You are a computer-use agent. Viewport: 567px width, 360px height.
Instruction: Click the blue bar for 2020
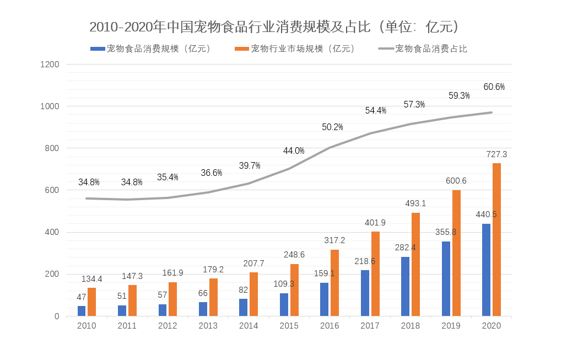point(486,270)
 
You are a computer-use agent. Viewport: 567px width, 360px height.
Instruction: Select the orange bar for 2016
point(334,283)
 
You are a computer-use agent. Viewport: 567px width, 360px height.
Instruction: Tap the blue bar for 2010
point(82,311)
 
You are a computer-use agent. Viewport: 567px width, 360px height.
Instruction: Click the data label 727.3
point(496,154)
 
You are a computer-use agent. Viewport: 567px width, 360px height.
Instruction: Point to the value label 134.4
point(92,279)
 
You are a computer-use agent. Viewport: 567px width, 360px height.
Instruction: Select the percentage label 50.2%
point(332,127)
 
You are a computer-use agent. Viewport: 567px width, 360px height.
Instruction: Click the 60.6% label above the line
point(494,87)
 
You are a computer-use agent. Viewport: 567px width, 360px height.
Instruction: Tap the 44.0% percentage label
point(294,151)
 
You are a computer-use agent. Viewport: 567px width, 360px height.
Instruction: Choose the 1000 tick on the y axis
point(50,106)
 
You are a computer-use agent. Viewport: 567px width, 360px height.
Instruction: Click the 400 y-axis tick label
point(52,232)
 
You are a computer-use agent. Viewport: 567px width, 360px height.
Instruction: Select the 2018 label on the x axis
point(410,326)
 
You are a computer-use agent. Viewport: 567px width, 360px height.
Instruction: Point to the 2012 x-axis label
point(168,326)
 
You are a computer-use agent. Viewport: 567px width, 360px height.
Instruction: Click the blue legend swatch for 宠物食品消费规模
point(98,49)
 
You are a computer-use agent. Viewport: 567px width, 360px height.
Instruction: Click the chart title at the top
point(274,26)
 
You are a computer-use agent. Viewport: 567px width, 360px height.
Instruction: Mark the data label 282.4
point(405,248)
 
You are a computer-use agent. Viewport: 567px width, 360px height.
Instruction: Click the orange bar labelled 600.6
point(456,253)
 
